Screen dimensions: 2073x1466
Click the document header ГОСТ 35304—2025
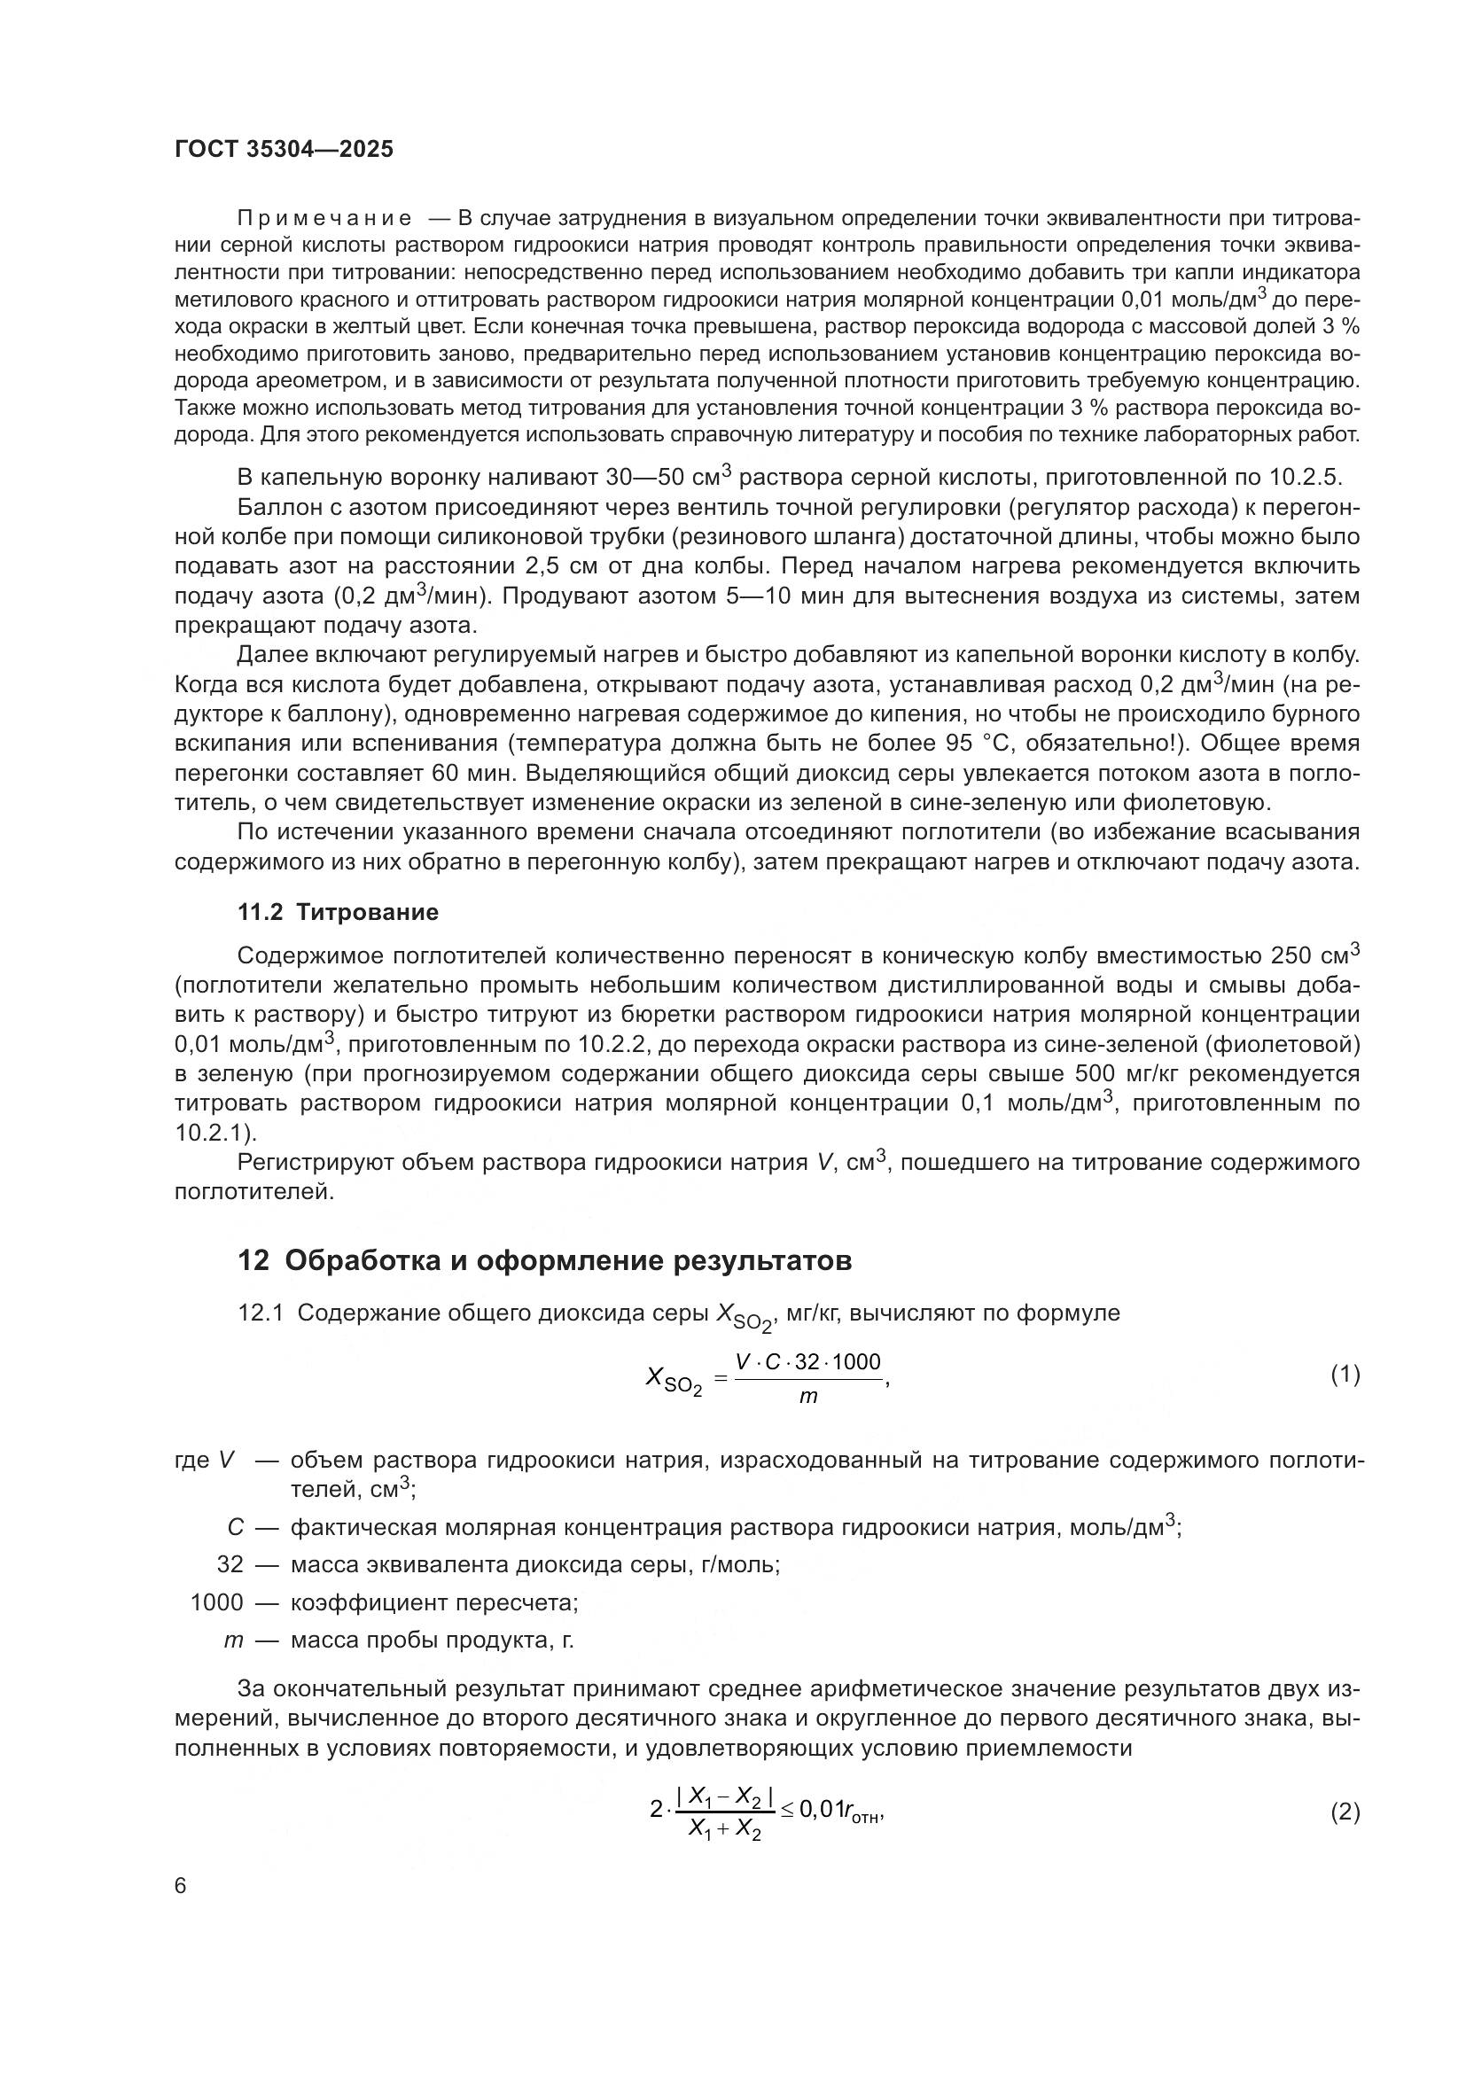pos(284,149)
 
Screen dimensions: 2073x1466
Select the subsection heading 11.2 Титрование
pos(338,912)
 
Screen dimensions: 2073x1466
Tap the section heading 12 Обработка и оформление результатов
pos(544,1260)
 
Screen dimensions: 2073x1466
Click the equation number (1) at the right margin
pos(1345,1376)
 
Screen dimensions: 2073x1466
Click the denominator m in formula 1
pos(808,1397)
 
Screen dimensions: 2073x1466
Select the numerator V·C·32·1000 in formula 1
pos(808,1361)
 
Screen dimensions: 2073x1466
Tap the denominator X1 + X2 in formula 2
pos(725,1829)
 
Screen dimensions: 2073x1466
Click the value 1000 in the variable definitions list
pos(216,1602)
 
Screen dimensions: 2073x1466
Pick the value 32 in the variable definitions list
pos(230,1563)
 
